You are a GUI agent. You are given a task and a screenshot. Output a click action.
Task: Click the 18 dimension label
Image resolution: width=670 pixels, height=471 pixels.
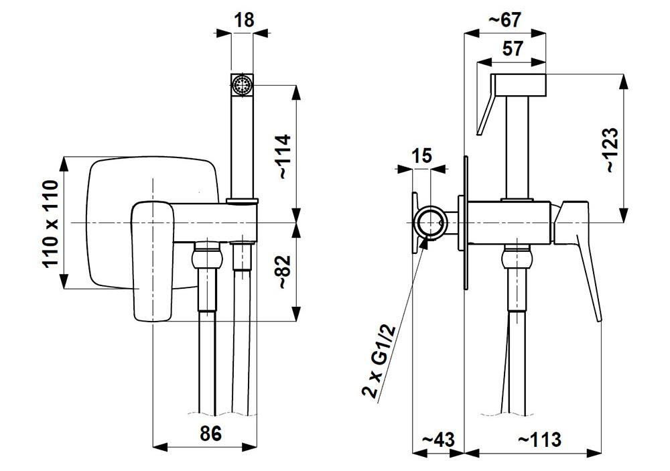245,20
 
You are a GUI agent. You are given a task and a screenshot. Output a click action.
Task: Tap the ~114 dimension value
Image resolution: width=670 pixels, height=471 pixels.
283,156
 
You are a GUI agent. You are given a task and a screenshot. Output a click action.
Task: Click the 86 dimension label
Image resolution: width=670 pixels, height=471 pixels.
210,433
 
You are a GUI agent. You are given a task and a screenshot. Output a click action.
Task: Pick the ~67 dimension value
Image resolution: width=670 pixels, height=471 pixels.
504,20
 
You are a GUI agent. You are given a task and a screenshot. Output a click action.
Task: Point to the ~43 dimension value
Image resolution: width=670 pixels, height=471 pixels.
438,440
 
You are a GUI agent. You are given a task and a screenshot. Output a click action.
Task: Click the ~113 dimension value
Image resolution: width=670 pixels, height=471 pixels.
539,440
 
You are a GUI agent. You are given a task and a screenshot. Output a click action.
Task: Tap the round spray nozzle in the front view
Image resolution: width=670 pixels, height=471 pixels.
241,85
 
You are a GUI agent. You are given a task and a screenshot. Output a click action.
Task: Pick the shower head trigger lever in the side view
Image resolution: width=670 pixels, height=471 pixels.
485,111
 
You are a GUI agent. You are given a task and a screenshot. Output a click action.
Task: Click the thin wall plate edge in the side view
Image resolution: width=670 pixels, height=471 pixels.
465,222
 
